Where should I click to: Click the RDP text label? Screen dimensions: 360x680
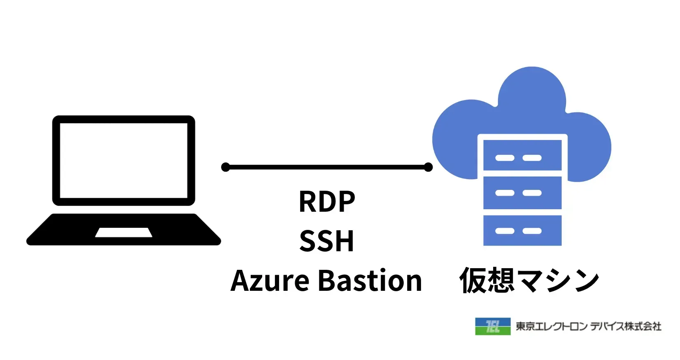tap(327, 201)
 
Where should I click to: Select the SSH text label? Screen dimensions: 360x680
tap(327, 241)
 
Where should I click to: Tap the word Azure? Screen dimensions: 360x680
tap(270, 281)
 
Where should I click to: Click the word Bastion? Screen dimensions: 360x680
tap(370, 281)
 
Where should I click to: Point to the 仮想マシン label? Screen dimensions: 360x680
tap(529, 281)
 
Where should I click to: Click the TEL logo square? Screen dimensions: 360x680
tap(493, 326)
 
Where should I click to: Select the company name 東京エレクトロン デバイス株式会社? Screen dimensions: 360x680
tap(588, 327)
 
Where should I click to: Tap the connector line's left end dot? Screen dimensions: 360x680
tap(226, 167)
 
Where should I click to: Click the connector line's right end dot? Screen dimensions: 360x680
tap(428, 167)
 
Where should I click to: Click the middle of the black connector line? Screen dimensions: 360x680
tap(327, 167)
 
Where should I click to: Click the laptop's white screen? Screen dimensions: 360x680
tap(123, 160)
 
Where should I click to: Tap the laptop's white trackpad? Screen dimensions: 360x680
tap(124, 232)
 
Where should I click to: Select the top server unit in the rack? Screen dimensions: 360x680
tap(522, 155)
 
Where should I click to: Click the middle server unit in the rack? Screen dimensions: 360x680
tap(522, 192)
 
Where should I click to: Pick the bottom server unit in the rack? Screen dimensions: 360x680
tap(522, 230)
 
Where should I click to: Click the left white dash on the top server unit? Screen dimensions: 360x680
tap(505, 158)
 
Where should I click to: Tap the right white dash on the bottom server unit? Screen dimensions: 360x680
tap(532, 231)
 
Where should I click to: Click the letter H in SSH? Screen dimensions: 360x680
tap(345, 241)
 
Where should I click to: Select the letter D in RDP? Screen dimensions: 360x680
tap(327, 201)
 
